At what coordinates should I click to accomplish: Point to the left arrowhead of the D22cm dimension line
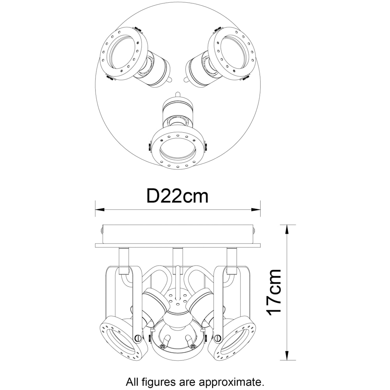[x=99, y=210]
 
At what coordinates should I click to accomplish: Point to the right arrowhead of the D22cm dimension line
[x=256, y=210]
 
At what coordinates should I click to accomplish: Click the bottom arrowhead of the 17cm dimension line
[x=287, y=355]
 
